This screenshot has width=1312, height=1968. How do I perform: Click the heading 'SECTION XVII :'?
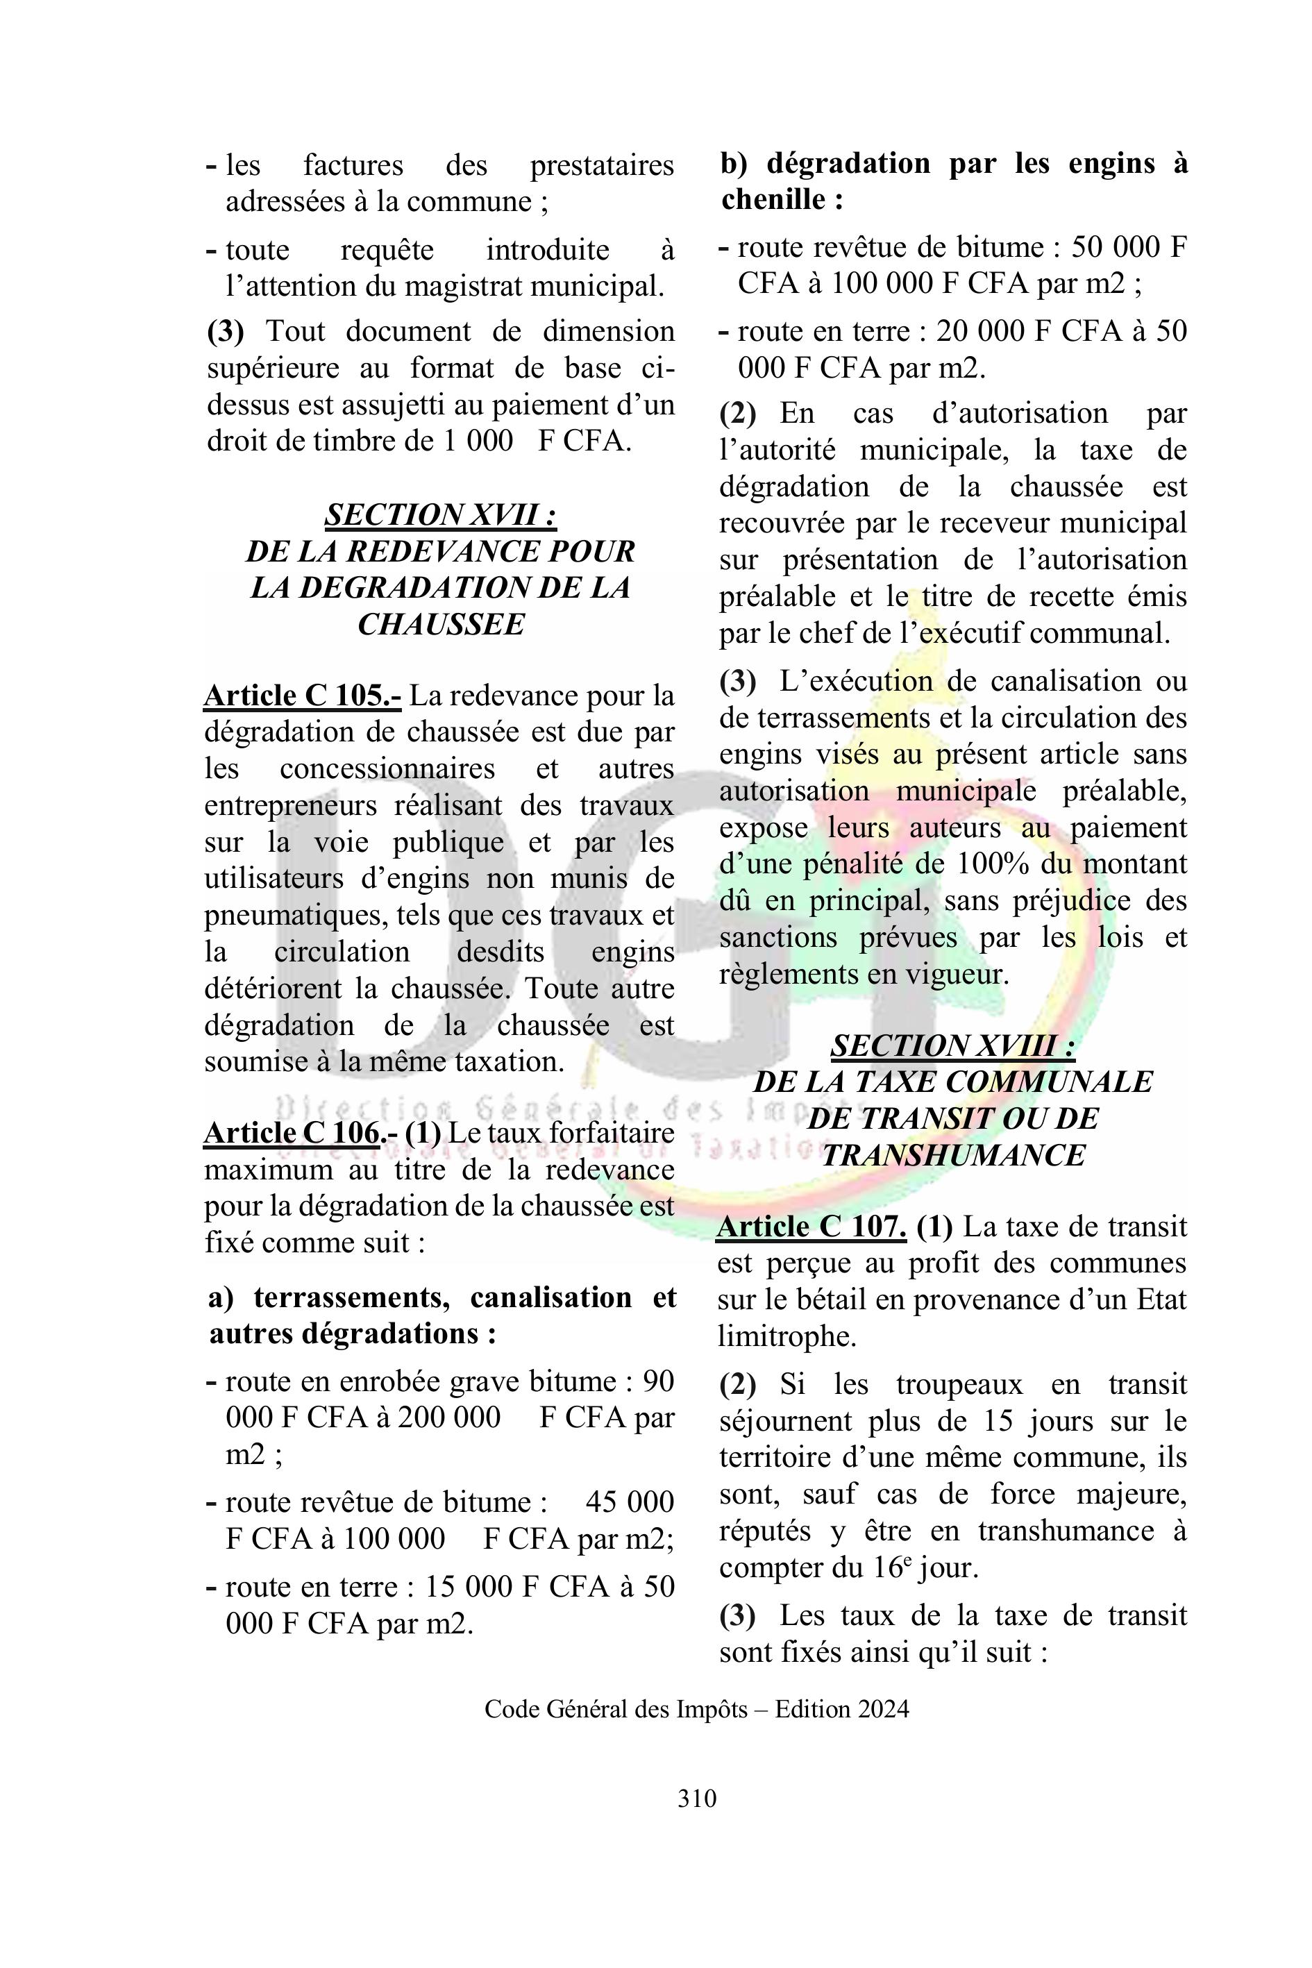click(x=441, y=514)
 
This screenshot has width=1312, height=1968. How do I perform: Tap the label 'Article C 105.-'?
click(x=302, y=696)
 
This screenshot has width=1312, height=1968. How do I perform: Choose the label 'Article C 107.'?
click(x=811, y=1227)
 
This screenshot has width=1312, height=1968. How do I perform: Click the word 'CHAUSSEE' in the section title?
click(x=441, y=624)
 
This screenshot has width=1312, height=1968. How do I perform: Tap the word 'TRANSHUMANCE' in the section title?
click(x=953, y=1156)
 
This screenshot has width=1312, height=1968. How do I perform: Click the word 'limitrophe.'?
click(x=787, y=1336)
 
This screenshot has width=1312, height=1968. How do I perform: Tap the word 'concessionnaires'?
click(x=387, y=769)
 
